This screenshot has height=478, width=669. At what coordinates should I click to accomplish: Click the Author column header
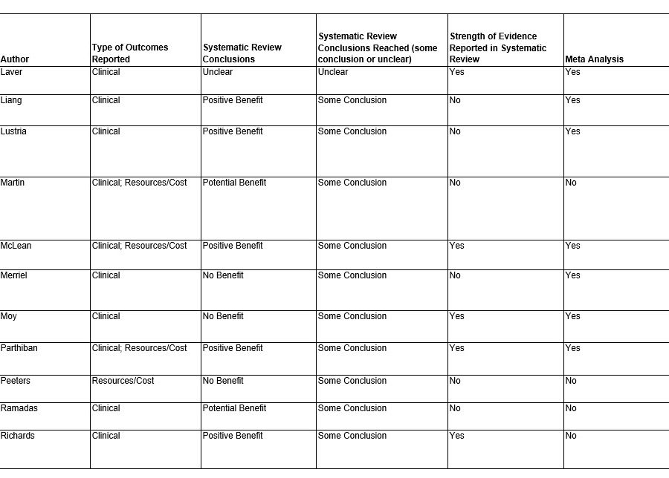tap(15, 59)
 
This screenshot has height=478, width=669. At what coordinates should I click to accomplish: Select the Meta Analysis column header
tap(594, 59)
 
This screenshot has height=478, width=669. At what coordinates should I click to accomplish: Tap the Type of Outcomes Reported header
tap(130, 53)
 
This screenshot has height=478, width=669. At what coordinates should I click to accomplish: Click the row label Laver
tap(11, 72)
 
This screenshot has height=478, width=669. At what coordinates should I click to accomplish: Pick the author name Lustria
tap(13, 131)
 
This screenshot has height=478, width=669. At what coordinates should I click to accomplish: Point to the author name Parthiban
tap(19, 348)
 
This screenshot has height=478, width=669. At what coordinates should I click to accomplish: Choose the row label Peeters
tap(16, 381)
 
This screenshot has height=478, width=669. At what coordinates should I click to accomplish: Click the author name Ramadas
tap(19, 408)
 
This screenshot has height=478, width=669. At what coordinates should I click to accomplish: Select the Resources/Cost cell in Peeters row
tap(123, 381)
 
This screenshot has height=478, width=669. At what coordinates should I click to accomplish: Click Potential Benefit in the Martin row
tap(234, 183)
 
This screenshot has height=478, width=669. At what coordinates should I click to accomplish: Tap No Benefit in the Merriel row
tap(223, 275)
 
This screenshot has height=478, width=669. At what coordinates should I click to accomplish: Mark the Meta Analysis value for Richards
tap(571, 436)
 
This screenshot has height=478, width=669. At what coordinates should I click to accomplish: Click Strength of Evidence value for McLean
tap(456, 246)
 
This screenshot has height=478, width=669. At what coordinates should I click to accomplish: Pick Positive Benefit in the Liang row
tap(233, 100)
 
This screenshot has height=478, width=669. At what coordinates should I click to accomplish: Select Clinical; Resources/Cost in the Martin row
tap(140, 183)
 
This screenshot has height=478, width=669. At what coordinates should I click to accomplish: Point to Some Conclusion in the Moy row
tap(352, 316)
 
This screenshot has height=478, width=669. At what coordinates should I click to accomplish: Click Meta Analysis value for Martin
tap(571, 183)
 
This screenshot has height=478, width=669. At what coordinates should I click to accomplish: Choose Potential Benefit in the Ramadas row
tap(234, 408)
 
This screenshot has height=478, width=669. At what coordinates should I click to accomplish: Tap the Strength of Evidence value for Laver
tap(456, 72)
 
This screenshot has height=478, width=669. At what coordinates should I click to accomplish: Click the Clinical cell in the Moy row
tap(106, 316)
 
